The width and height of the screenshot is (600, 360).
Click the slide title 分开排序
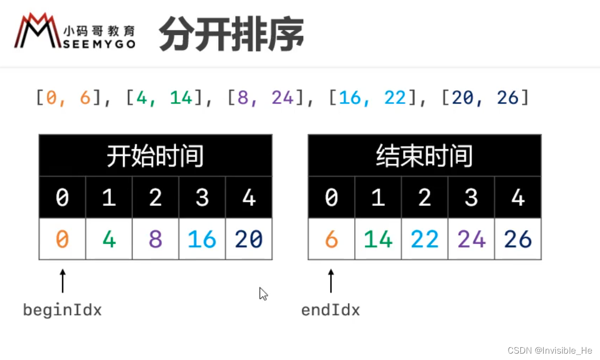(232, 33)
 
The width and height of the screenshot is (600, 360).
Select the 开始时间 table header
(155, 156)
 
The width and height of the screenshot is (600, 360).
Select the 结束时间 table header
(424, 156)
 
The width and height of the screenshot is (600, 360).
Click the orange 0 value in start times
(62, 239)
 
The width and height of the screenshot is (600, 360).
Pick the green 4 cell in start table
(109, 239)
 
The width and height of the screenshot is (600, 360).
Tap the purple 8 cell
(156, 239)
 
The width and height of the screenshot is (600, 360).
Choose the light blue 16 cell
(202, 239)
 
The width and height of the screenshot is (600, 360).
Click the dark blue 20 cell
(248, 239)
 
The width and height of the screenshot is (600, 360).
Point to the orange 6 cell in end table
(331, 239)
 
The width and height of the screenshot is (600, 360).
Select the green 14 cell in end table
(378, 239)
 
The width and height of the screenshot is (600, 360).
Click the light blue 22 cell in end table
(424, 239)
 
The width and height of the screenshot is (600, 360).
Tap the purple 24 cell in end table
(471, 239)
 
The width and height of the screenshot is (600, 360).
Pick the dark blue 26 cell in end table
(518, 239)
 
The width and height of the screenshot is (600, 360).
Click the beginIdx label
(62, 310)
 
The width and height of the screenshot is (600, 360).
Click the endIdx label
(330, 310)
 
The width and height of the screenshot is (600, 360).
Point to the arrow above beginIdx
(63, 280)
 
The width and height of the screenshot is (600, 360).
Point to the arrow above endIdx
(331, 280)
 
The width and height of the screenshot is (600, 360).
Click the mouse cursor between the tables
(263, 294)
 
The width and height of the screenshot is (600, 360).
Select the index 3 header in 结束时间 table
(471, 198)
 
